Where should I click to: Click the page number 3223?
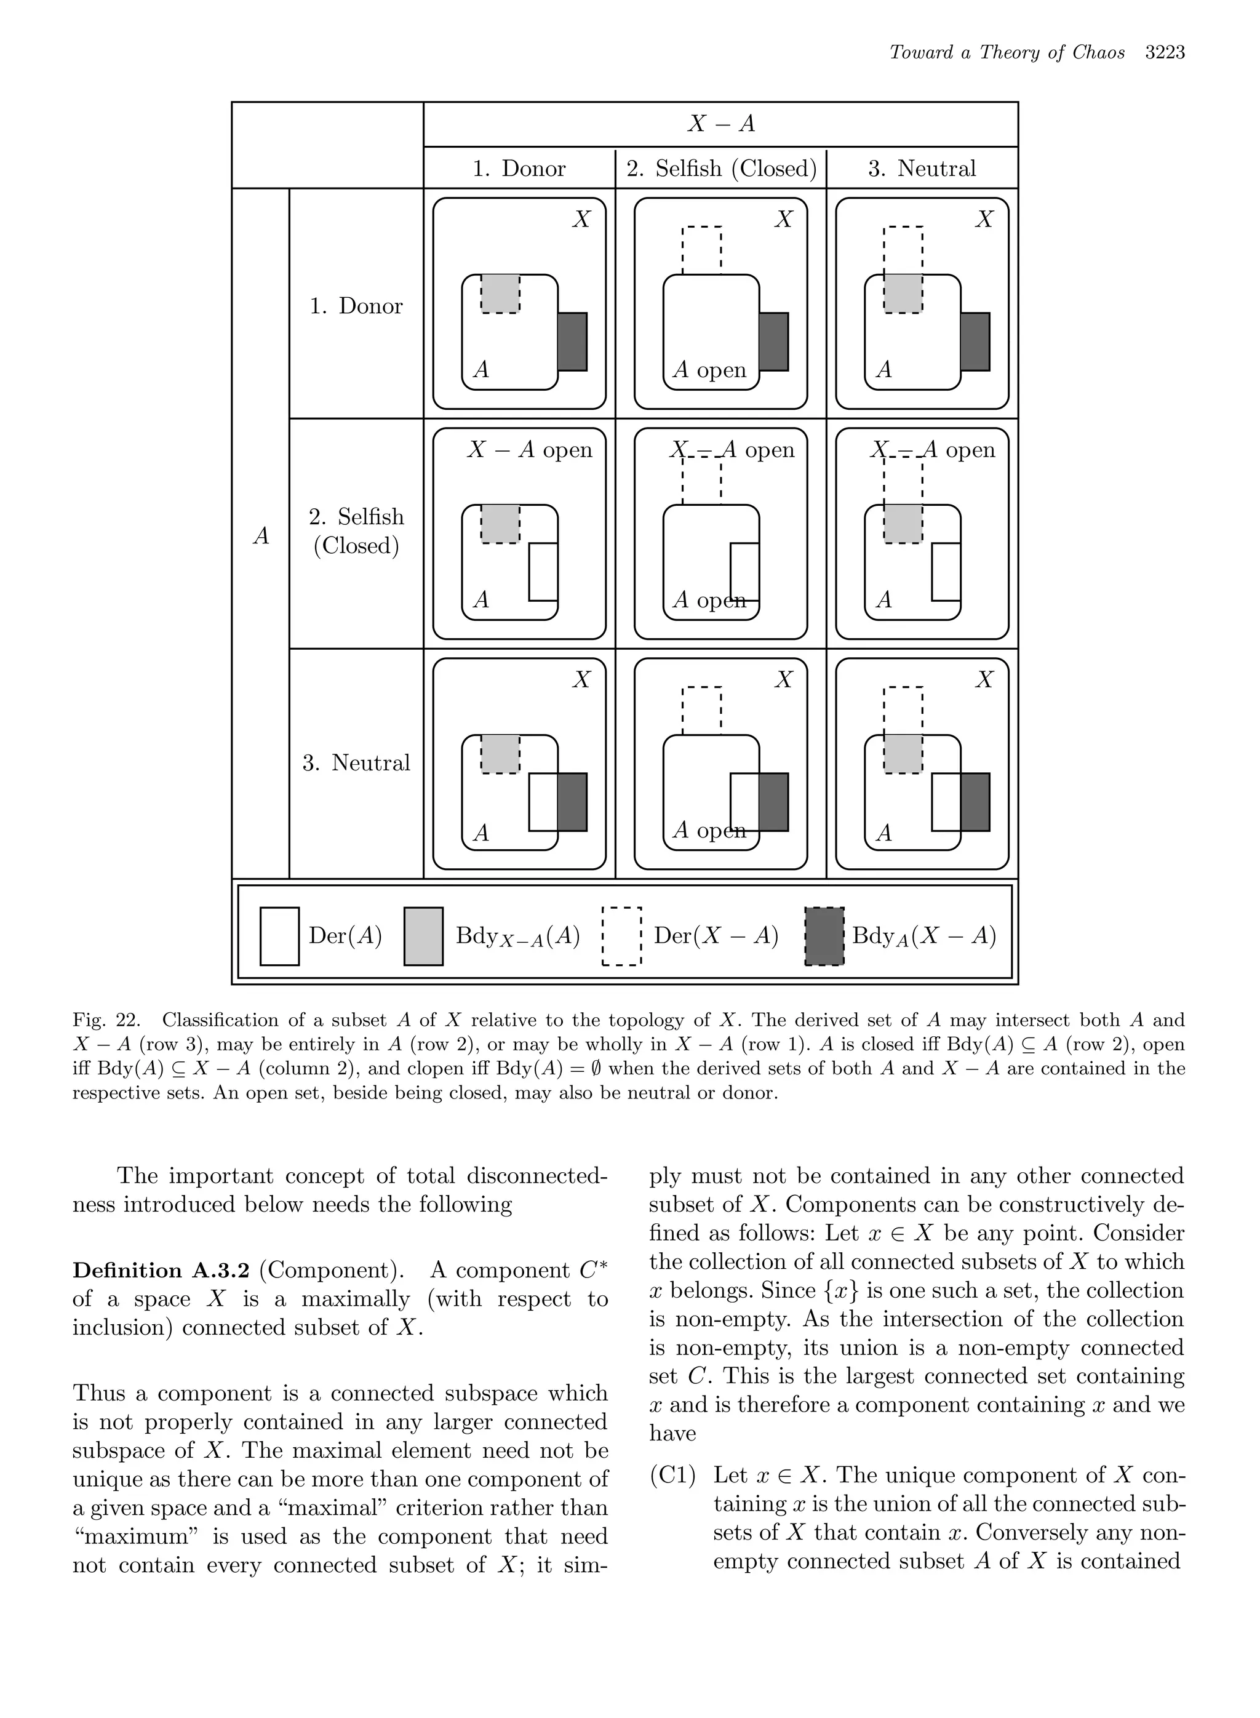(1165, 53)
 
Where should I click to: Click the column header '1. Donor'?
(519, 169)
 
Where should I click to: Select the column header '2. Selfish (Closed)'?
(721, 169)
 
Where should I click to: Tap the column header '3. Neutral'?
(922, 169)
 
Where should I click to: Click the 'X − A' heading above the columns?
(721, 124)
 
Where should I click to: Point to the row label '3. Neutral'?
(356, 763)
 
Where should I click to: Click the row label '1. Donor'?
(356, 306)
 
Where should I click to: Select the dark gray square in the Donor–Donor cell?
(573, 342)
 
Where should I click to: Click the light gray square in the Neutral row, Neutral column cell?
(903, 754)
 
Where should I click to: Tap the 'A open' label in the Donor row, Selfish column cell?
(709, 370)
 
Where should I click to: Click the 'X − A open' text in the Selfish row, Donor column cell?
(529, 450)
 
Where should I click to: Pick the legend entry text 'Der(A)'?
(345, 936)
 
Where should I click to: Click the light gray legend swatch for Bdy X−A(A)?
(423, 936)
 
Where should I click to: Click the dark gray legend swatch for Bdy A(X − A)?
(824, 936)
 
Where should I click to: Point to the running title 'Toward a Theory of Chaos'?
(1007, 53)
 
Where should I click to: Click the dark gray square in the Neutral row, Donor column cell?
(573, 802)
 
